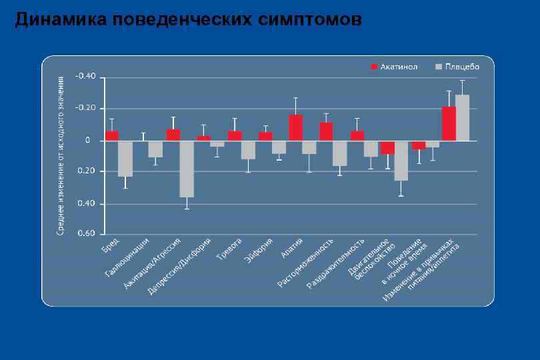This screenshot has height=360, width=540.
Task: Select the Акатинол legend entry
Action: [x=397, y=67]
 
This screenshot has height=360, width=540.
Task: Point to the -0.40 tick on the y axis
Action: [x=85, y=77]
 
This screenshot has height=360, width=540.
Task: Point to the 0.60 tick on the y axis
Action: [x=86, y=234]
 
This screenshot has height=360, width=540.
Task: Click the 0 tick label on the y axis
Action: [x=87, y=140]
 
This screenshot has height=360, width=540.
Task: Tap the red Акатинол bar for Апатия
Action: [x=295, y=127]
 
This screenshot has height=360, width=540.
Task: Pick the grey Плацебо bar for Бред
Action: [x=125, y=158]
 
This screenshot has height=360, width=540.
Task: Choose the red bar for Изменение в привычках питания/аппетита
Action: [x=449, y=123]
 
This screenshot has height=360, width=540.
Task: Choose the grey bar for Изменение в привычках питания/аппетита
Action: [x=463, y=117]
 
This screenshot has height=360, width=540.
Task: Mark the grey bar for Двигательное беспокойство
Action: [x=401, y=160]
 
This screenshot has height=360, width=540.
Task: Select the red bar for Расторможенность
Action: [x=326, y=131]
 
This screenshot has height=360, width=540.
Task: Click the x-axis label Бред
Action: [x=111, y=245]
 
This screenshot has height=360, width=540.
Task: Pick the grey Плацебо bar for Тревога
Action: [x=248, y=150]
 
